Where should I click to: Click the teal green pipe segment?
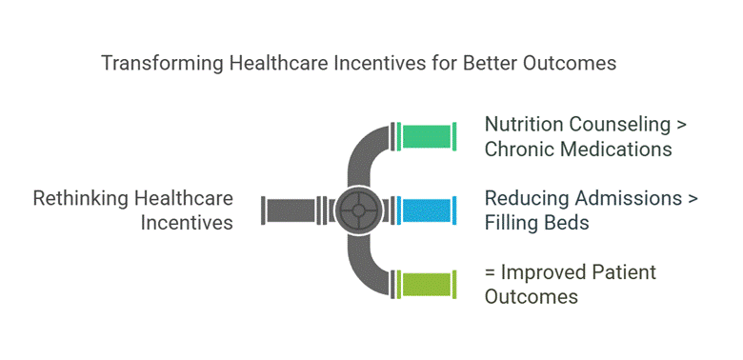pyautogui.click(x=427, y=136)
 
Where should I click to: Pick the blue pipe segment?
pyautogui.click(x=427, y=210)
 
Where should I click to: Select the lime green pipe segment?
pyautogui.click(x=427, y=284)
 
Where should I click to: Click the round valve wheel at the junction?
pyautogui.click(x=359, y=210)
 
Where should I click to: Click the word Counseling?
pyautogui.click(x=619, y=125)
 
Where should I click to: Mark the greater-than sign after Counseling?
pyautogui.click(x=682, y=125)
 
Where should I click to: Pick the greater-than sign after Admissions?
pyautogui.click(x=693, y=199)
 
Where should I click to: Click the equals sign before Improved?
pyautogui.click(x=491, y=273)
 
